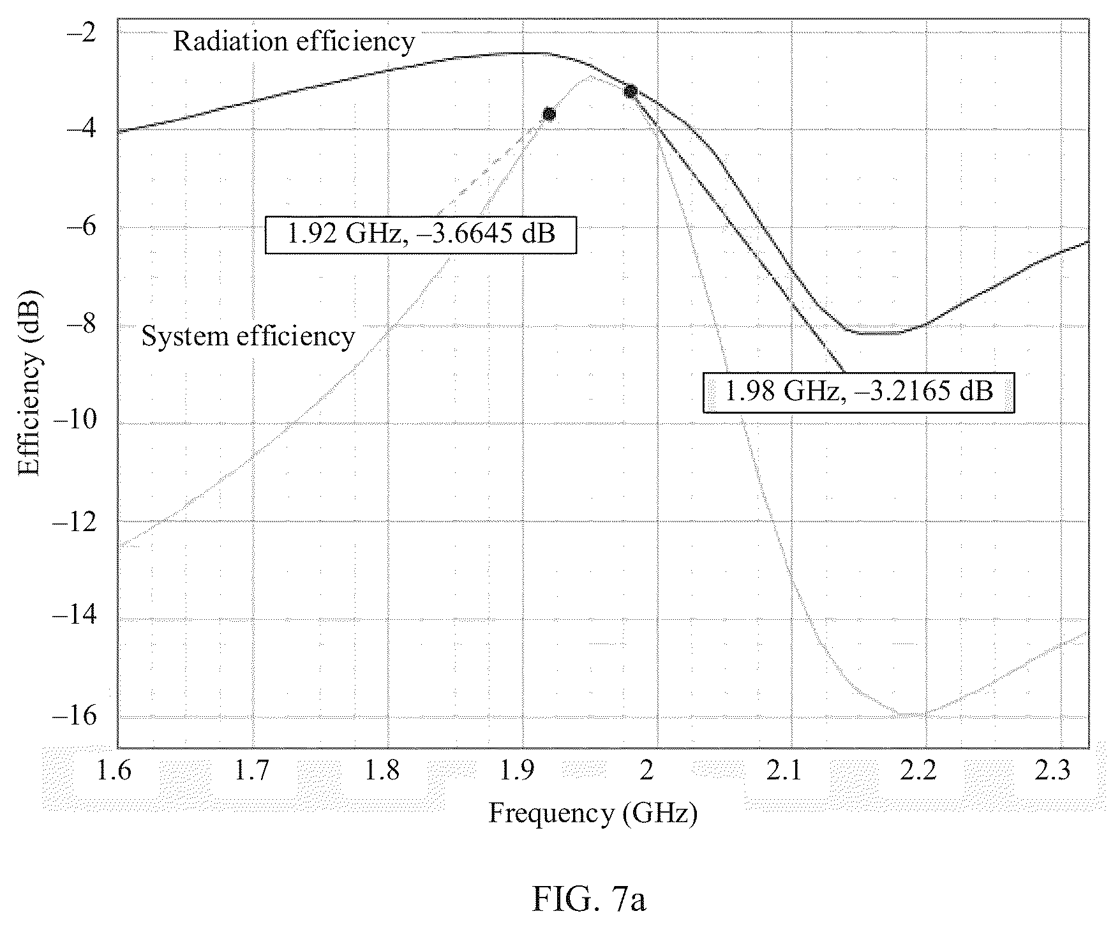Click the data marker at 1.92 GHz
[x=549, y=114]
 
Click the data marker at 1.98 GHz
[x=631, y=91]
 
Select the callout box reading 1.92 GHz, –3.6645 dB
[x=421, y=235]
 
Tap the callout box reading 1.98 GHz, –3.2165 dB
[x=858, y=391]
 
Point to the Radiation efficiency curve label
[x=294, y=41]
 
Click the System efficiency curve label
[x=248, y=336]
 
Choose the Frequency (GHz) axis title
[x=593, y=814]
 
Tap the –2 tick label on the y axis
[x=82, y=31]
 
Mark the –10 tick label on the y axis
[x=75, y=423]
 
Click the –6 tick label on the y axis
[x=82, y=227]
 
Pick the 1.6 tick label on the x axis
[x=115, y=771]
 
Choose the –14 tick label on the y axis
[x=75, y=619]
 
